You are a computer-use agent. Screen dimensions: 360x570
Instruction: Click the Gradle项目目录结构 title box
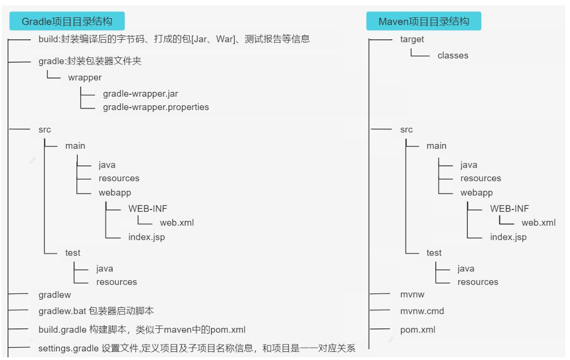pos(67,21)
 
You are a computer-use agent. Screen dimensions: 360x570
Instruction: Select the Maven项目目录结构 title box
pos(424,21)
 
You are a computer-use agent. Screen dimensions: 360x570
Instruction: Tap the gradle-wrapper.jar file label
pos(140,93)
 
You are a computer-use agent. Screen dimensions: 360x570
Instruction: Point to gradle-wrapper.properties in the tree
pos(156,107)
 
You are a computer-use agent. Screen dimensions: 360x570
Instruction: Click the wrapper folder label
pos(85,77)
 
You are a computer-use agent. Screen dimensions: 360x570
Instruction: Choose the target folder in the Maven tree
pos(412,39)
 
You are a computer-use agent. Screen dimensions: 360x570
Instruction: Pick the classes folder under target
pos(453,55)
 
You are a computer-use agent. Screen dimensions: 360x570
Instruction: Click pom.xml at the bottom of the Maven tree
pos(418,330)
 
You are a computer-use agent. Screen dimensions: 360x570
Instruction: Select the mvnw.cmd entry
pos(422,311)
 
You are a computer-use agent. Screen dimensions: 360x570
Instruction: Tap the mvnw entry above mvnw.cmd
pos(412,294)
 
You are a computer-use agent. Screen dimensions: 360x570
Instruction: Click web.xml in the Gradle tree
pos(177,222)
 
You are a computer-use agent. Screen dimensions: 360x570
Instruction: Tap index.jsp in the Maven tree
pos(508,237)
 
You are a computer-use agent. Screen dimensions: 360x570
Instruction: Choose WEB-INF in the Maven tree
pos(509,208)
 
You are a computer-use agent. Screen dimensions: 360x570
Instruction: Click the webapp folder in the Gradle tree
pos(115,192)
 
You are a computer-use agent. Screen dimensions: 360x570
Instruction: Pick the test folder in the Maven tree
pos(434,253)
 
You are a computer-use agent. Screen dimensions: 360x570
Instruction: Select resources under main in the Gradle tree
pos(119,178)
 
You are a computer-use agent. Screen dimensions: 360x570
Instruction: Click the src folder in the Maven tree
pos(407,129)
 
